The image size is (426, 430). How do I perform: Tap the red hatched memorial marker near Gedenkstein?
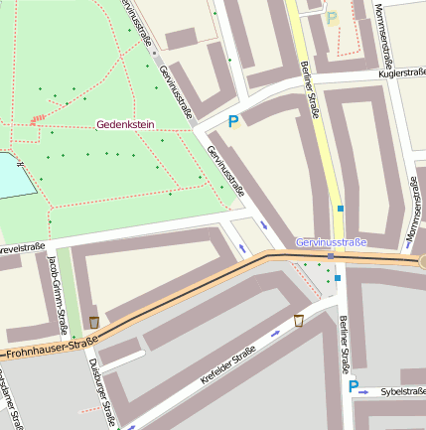point(39,119)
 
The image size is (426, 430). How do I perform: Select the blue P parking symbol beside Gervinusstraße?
point(233,122)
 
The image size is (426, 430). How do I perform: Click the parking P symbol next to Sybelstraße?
point(353,385)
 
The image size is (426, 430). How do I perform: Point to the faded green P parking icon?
point(333,18)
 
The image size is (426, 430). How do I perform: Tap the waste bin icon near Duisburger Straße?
point(94,322)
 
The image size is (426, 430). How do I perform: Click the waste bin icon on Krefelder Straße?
point(298,321)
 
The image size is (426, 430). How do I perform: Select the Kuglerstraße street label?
point(401,74)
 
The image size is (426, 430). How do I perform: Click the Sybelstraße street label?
point(401,391)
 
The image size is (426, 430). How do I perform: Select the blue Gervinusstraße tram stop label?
point(331,242)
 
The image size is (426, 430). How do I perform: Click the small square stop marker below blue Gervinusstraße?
point(331,255)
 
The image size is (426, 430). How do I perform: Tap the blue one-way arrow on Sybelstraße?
point(363,393)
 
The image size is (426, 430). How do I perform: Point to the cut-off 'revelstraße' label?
point(22,249)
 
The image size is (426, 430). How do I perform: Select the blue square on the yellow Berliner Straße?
point(341,209)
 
